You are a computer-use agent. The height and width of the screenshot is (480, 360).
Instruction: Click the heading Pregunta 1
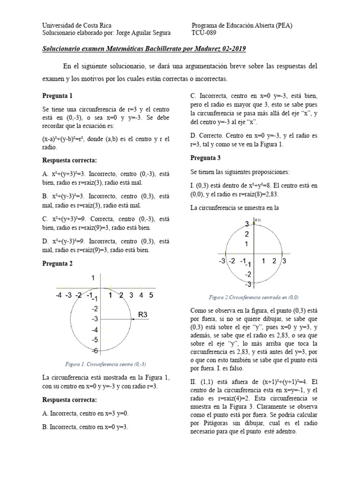tap(58, 96)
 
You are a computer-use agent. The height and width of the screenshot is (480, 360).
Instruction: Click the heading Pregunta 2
tap(58, 263)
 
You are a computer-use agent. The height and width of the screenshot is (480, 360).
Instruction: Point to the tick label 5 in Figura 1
tap(151, 295)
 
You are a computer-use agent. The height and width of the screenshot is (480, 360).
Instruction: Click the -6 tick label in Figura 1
tap(94, 351)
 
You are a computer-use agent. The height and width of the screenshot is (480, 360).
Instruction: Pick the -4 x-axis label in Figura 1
tap(58, 295)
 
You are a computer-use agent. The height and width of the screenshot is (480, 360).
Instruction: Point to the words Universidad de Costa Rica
tap(77, 25)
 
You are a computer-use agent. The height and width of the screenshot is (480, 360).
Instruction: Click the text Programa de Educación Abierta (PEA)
tap(242, 25)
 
